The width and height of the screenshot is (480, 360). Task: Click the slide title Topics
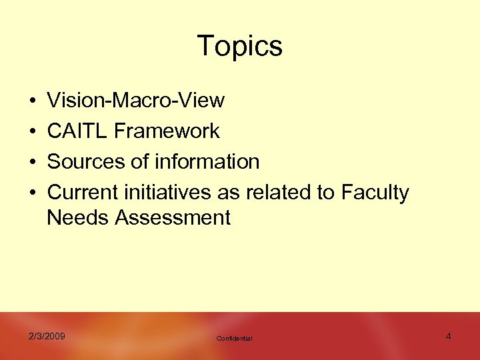[x=240, y=46]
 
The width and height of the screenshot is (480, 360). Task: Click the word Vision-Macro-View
[x=136, y=101]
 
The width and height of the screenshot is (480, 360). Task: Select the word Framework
[x=167, y=131]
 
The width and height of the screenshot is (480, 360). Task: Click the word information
[x=207, y=162]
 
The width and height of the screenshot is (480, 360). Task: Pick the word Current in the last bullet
[x=83, y=193]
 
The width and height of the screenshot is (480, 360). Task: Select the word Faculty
[x=375, y=193]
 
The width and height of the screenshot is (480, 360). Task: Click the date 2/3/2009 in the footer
[x=47, y=336]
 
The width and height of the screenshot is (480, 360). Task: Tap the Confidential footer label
[x=235, y=339]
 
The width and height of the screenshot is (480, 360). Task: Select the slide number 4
[x=448, y=336]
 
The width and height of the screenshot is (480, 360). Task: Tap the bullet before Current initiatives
[x=32, y=193]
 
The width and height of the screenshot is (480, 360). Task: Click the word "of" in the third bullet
[x=139, y=162]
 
